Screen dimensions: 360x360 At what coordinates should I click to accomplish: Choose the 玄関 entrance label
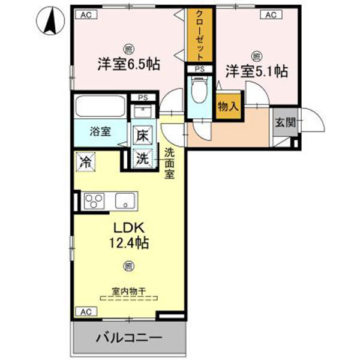(284, 122)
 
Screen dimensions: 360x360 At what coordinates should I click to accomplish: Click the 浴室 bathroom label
(100, 132)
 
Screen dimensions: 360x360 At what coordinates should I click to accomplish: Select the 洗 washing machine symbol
(142, 159)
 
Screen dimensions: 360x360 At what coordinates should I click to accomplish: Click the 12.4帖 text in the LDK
(128, 243)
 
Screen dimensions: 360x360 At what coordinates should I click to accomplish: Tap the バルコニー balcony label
(128, 338)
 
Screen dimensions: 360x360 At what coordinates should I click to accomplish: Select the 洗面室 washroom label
(170, 163)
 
